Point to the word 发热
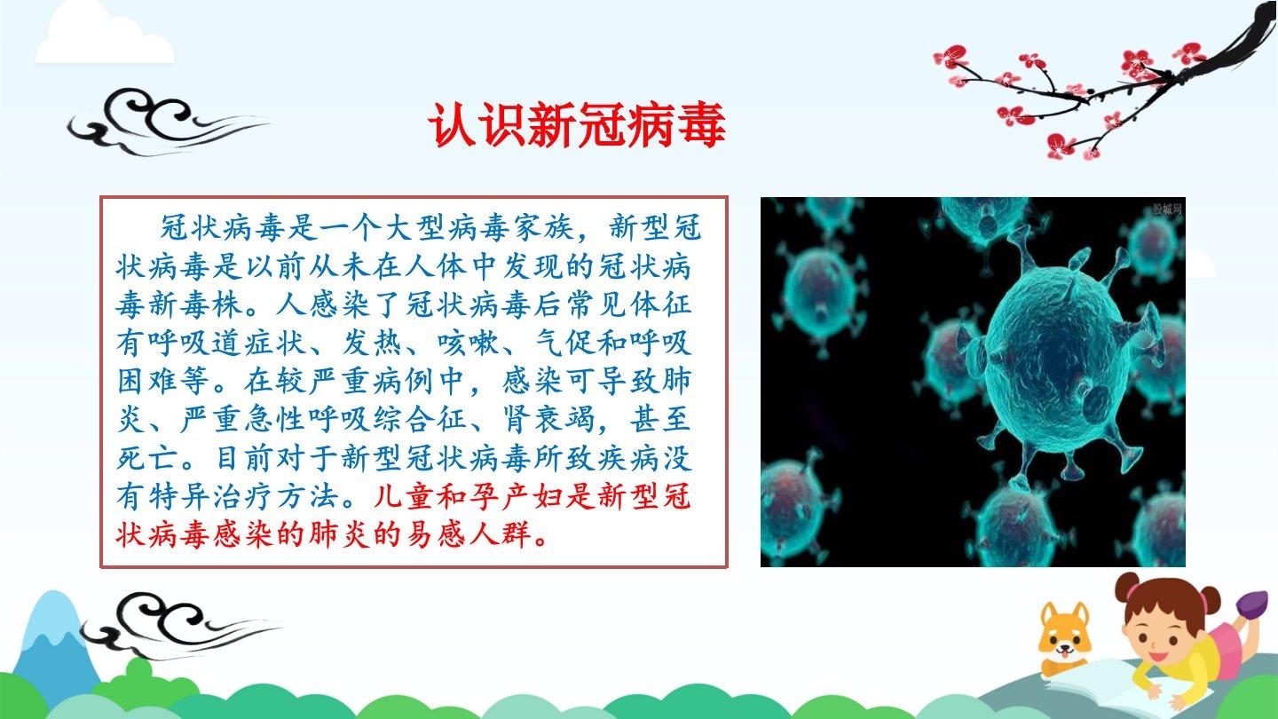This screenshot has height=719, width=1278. point(373,343)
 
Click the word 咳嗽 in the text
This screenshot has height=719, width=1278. point(469,343)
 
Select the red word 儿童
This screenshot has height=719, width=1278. point(405,496)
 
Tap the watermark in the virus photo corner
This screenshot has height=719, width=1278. point(1167,209)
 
